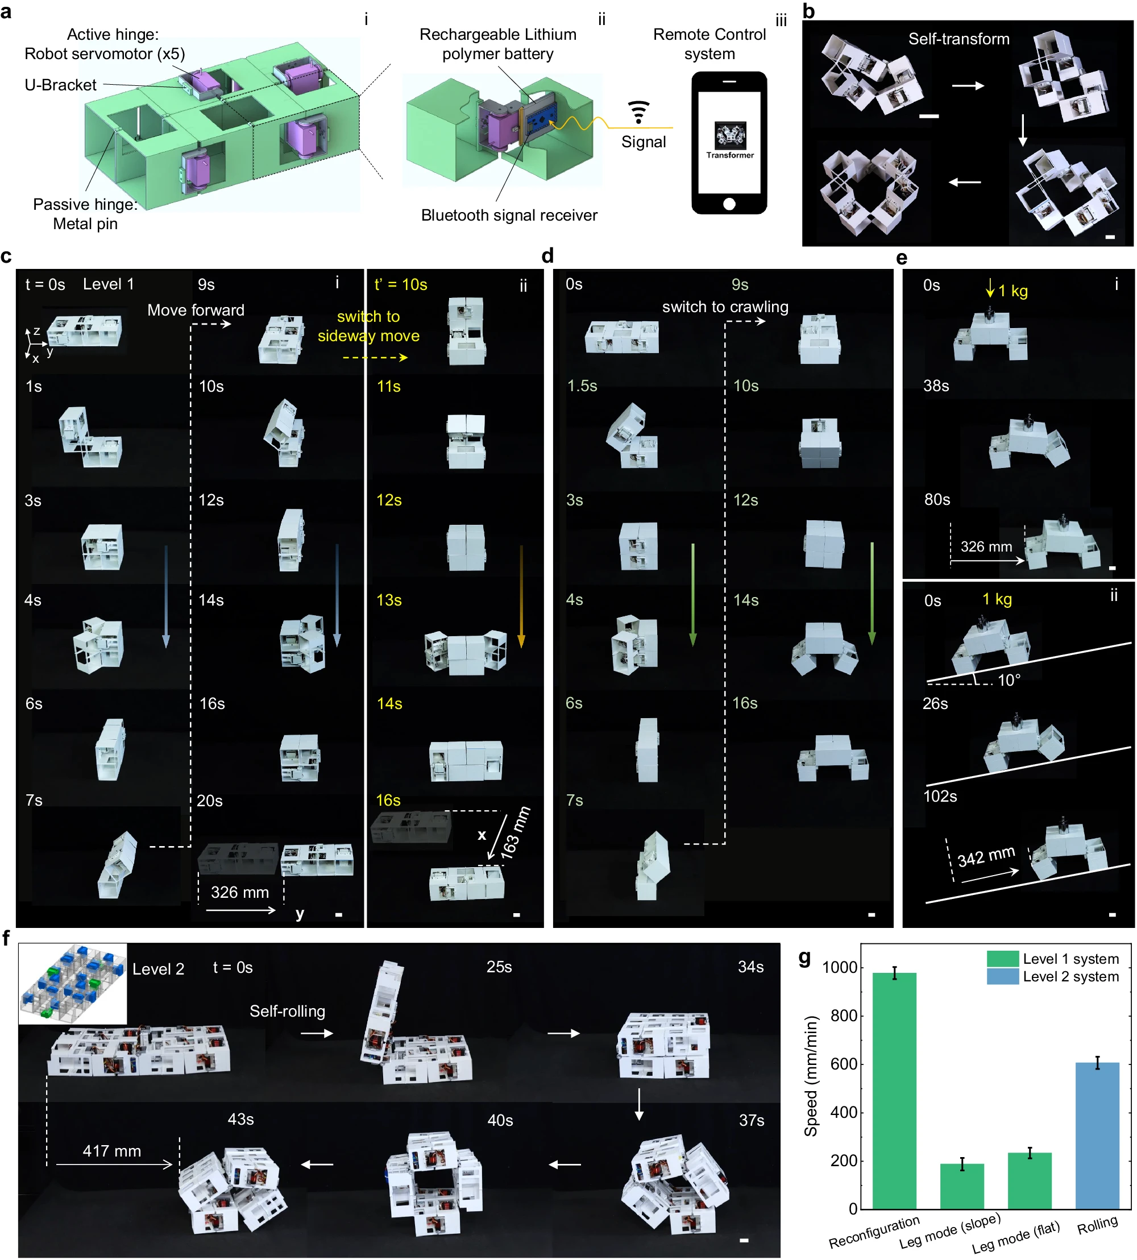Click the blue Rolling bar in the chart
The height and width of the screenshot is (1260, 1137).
[x=1097, y=1135]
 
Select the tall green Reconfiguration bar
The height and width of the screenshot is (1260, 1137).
[x=894, y=1091]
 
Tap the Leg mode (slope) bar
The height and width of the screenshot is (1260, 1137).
[x=961, y=1186]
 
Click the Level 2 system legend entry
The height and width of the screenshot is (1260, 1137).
[x=1053, y=976]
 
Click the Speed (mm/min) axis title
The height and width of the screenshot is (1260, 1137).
[x=810, y=1076]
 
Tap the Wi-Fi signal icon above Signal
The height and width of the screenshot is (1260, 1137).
[x=638, y=111]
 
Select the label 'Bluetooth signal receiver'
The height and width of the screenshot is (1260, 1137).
[x=509, y=215]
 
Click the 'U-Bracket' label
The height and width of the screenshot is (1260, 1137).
[x=61, y=85]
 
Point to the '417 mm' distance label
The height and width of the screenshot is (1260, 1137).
[x=112, y=1151]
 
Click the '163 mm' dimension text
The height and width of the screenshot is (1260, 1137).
[x=516, y=833]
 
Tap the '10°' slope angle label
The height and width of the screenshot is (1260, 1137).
[x=1009, y=680]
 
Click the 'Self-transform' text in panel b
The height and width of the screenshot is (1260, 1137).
[x=958, y=39]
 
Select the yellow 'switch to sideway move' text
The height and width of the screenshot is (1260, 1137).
[x=368, y=326]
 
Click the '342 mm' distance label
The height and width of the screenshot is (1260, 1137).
[x=986, y=856]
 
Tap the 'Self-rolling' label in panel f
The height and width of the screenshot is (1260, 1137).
[x=287, y=1011]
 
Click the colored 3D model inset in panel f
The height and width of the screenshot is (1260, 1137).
[x=72, y=983]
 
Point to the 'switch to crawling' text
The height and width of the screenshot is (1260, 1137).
[x=725, y=306]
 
